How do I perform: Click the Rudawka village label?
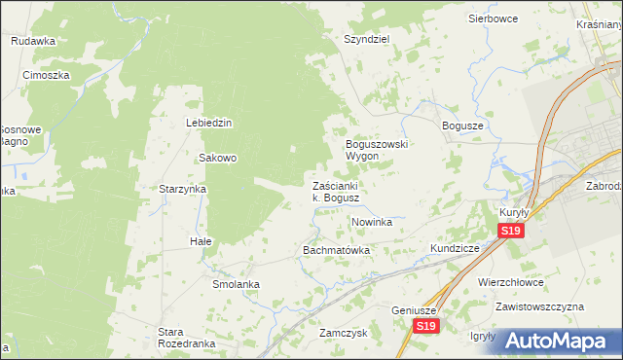(x=33, y=41)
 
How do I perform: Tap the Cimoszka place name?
(x=46, y=74)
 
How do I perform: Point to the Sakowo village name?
(x=218, y=158)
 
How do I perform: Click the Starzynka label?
(x=182, y=189)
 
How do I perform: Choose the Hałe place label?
(x=201, y=240)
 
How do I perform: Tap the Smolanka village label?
(x=236, y=284)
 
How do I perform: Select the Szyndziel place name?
(x=366, y=40)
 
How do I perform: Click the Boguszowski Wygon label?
(x=377, y=150)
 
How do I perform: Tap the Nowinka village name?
(x=371, y=222)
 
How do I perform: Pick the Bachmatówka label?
(x=337, y=250)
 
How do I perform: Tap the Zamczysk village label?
(x=342, y=332)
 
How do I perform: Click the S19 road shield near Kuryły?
(x=511, y=231)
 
